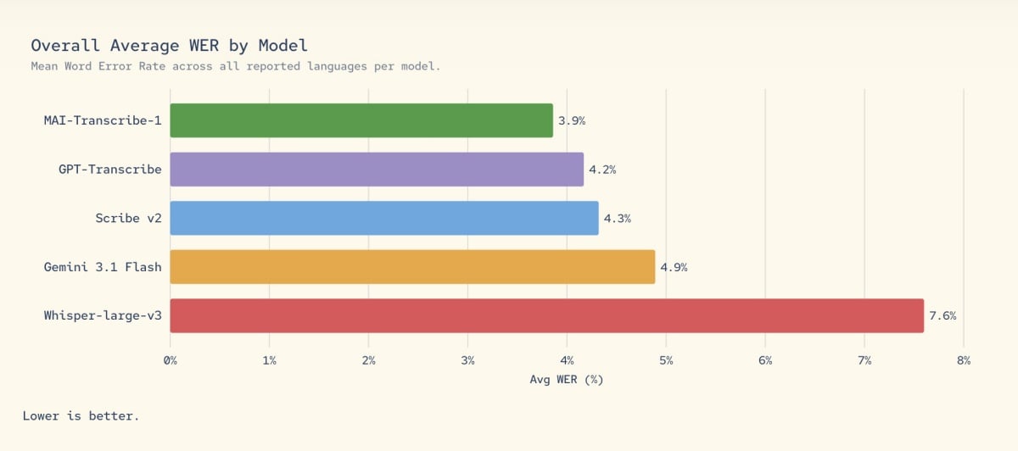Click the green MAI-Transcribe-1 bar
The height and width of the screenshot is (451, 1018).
click(x=361, y=120)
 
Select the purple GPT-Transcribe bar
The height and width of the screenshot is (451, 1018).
click(x=377, y=170)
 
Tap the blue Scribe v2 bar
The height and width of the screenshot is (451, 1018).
click(x=384, y=218)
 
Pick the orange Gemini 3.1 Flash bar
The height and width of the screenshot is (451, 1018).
click(x=412, y=267)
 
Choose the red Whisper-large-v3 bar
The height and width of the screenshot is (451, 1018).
click(x=546, y=315)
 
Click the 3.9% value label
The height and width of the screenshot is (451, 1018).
click(x=572, y=120)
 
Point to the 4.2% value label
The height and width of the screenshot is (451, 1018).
click(x=602, y=170)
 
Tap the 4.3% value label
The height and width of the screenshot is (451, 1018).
click(x=617, y=218)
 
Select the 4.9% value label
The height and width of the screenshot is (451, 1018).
click(x=674, y=267)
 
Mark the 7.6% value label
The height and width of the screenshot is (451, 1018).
click(x=942, y=315)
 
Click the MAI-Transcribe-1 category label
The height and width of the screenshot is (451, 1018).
click(x=103, y=120)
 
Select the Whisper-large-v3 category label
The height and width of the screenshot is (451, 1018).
click(x=103, y=315)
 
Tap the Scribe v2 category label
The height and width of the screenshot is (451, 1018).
click(x=128, y=218)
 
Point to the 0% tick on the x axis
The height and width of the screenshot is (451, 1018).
click(x=171, y=360)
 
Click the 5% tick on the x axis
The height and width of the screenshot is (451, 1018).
click(x=666, y=360)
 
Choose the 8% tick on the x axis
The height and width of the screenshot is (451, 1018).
click(x=964, y=360)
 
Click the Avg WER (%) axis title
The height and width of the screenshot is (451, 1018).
click(x=566, y=379)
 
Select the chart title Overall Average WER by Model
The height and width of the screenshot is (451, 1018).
click(x=170, y=45)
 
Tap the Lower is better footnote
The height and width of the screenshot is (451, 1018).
click(x=81, y=415)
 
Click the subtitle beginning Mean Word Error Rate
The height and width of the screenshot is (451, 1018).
click(x=236, y=66)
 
